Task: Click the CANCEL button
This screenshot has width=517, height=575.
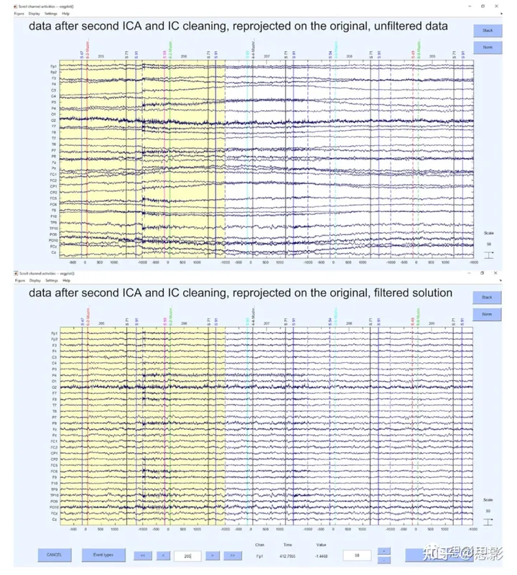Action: (x=55, y=555)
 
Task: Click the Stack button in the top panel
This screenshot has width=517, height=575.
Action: (x=486, y=31)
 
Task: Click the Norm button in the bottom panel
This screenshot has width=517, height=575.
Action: (x=486, y=315)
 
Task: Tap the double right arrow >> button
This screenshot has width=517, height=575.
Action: (x=232, y=555)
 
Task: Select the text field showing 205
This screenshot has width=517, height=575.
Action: (x=187, y=555)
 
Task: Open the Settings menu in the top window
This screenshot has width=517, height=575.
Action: (x=51, y=13)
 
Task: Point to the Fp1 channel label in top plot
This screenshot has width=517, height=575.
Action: (x=54, y=66)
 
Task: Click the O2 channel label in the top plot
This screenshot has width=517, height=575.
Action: (x=54, y=119)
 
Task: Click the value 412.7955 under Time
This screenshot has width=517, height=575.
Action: (x=287, y=556)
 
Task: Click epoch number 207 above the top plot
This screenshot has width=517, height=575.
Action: (x=266, y=56)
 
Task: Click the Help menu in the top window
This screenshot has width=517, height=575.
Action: (x=66, y=13)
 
